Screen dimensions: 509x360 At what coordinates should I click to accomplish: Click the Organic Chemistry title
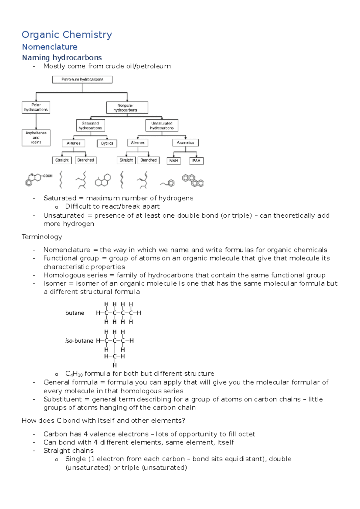67,35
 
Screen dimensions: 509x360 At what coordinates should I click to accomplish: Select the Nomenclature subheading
50,47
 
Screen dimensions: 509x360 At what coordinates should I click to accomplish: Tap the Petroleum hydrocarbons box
82,79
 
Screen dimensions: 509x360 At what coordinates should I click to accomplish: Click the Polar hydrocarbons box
36,107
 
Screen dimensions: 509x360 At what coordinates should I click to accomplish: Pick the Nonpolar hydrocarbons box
127,108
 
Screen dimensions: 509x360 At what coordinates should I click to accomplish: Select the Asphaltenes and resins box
36,138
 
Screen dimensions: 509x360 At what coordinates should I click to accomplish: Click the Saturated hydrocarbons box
90,126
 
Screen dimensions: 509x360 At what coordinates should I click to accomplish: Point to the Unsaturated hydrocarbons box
162,126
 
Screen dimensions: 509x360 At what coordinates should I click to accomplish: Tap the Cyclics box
107,143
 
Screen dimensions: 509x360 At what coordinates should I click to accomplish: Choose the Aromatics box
185,143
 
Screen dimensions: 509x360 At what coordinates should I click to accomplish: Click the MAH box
174,161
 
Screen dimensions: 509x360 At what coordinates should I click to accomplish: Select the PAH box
196,161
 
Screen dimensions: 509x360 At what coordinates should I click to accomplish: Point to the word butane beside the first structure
75,313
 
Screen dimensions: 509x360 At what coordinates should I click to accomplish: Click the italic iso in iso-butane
69,341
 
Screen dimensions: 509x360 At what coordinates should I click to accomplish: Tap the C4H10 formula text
74,374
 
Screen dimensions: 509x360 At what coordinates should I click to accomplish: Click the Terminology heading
42,237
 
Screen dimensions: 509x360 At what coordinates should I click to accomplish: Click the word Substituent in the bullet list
62,399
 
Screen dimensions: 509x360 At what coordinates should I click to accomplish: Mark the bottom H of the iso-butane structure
115,365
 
